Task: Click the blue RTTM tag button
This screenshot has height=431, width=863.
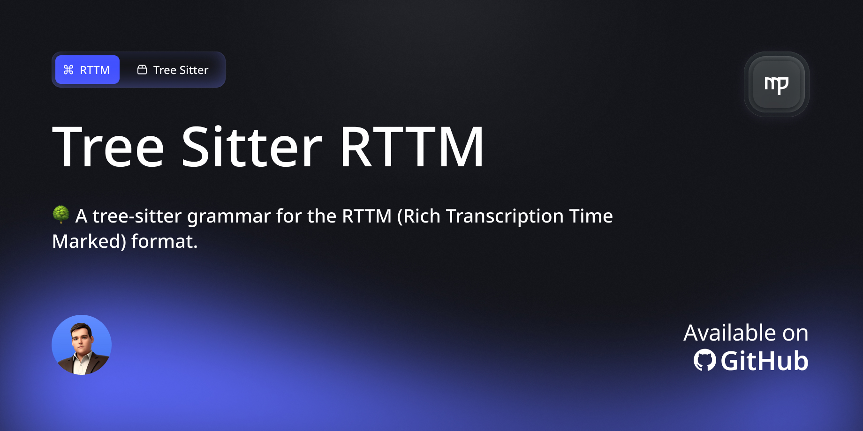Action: tap(88, 70)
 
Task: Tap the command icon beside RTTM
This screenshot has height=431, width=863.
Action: tap(68, 70)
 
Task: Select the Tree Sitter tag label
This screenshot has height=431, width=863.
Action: tap(181, 70)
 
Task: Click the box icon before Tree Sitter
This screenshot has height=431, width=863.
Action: tap(142, 70)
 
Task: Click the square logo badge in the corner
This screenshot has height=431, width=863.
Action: tap(776, 84)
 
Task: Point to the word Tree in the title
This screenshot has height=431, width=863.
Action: tap(108, 147)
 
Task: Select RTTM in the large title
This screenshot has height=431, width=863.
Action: tap(412, 147)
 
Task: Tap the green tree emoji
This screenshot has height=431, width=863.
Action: tap(61, 214)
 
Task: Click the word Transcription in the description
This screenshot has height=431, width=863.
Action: tap(505, 216)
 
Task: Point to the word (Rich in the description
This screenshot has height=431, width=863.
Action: tap(419, 216)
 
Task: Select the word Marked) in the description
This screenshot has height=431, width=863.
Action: tap(89, 242)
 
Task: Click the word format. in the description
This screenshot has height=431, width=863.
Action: tap(165, 242)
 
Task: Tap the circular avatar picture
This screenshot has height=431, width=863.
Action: tap(82, 345)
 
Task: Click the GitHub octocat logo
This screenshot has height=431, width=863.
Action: tap(704, 361)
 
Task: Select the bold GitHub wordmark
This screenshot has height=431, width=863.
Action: tap(765, 361)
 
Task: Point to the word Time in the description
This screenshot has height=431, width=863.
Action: tap(591, 216)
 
